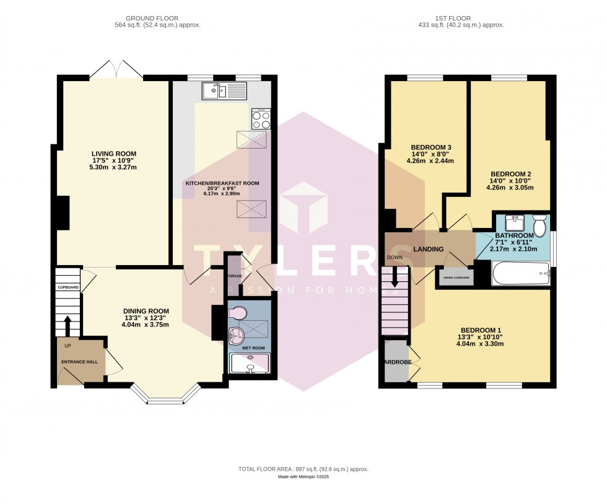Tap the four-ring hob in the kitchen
tap(260, 118)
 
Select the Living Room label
tap(114, 154)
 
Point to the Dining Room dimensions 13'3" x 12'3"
tap(146, 318)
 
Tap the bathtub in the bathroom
tap(520, 273)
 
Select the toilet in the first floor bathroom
tap(539, 225)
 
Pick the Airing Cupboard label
tap(455, 278)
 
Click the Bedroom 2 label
tap(510, 173)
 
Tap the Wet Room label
tap(253, 348)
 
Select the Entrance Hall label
tap(79, 361)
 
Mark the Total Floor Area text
tap(303, 470)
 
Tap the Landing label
tap(429, 249)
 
